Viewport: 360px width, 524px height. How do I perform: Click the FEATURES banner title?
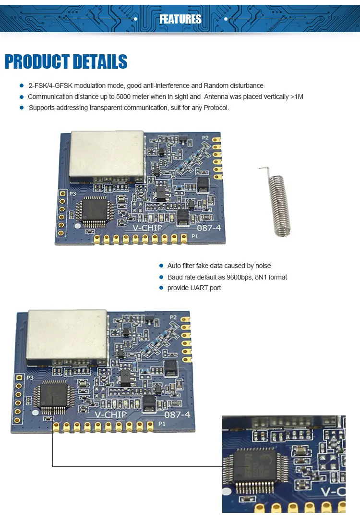coord(180,19)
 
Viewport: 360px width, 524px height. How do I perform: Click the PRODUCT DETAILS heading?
coord(66,62)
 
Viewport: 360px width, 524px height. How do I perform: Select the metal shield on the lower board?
coord(67,334)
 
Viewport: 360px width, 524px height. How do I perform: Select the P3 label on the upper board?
coord(72,194)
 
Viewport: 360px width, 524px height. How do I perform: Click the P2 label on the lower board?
coord(173,317)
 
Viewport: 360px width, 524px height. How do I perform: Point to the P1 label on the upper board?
coord(195,237)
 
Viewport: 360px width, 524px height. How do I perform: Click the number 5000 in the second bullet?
coord(124,97)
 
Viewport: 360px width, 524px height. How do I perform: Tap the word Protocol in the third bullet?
coord(216,108)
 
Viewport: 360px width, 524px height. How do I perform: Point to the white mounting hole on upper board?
coord(78,226)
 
